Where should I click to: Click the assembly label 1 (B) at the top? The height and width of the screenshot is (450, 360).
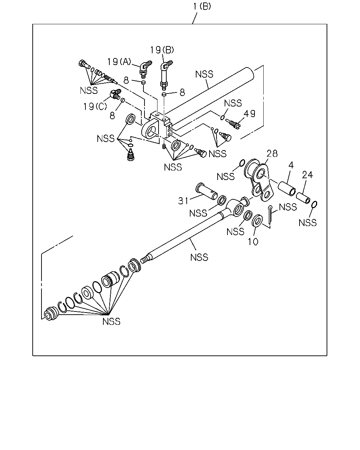pos(202,7)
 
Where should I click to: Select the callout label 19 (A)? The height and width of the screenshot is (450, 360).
pos(119,62)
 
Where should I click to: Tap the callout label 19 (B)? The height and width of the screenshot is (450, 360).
pos(162,50)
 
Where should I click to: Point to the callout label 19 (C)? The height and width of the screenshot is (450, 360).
pos(95,107)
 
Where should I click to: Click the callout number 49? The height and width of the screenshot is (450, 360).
pos(249,114)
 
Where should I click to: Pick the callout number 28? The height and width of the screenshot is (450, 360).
pos(272,154)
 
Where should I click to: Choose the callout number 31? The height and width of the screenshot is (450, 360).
pos(183,201)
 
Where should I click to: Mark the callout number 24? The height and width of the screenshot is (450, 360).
pos(307,175)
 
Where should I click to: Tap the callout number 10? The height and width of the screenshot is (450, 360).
pos(253,242)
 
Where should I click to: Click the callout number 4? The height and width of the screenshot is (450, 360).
pos(291,165)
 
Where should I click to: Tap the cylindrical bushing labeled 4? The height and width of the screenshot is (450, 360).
pos(287,188)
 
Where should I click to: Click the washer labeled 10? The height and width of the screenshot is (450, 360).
pos(257,220)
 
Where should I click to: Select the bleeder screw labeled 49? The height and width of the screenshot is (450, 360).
pos(234,124)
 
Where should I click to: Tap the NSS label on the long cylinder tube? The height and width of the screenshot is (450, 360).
pos(204,74)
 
